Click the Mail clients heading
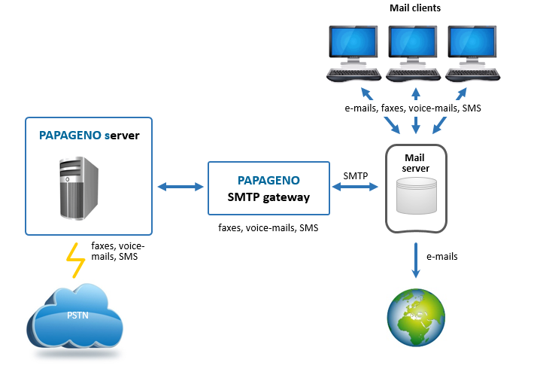pyautogui.click(x=415, y=8)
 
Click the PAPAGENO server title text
pyautogui.click(x=89, y=137)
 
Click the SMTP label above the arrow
pyautogui.click(x=356, y=175)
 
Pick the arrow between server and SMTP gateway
pyautogui.click(x=180, y=186)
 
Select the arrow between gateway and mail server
pyautogui.click(x=356, y=186)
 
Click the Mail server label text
pyautogui.click(x=415, y=163)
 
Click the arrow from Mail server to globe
pyautogui.click(x=415, y=260)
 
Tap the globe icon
pyautogui.click(x=415, y=319)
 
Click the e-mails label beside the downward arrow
pyautogui.click(x=441, y=257)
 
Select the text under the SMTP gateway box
pyautogui.click(x=268, y=227)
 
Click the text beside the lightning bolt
pyautogui.click(x=117, y=251)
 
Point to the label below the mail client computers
pyautogui.click(x=413, y=108)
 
